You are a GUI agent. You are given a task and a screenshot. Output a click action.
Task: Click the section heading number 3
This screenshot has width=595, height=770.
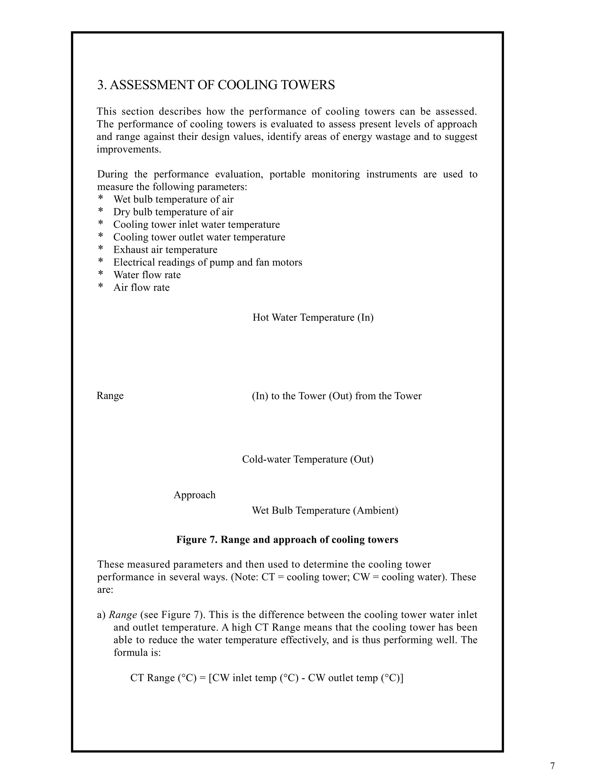(x=101, y=85)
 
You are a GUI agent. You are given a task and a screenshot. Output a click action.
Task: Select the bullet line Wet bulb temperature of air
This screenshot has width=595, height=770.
(x=173, y=200)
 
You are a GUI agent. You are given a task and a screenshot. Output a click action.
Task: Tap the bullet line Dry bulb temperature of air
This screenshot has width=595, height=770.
(x=173, y=212)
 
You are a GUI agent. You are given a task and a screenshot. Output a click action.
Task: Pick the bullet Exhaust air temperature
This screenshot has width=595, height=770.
(x=165, y=250)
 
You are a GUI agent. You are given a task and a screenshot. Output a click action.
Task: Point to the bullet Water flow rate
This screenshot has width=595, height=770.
(x=147, y=275)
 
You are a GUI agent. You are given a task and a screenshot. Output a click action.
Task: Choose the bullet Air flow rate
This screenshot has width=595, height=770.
(x=141, y=288)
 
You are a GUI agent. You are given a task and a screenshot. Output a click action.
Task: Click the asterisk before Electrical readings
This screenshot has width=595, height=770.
(x=101, y=262)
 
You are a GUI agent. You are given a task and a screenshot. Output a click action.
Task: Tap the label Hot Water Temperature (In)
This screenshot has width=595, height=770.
(x=313, y=318)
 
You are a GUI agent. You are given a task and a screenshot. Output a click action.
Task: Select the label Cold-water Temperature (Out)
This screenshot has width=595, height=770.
(x=308, y=459)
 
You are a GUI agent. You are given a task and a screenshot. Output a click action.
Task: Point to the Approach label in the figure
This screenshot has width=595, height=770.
(x=194, y=495)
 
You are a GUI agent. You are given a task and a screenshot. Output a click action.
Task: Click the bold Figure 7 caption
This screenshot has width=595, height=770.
(x=287, y=540)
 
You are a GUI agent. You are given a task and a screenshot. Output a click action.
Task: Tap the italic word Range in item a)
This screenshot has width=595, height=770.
(x=123, y=615)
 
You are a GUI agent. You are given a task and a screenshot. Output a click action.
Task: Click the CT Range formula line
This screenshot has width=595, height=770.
(x=267, y=678)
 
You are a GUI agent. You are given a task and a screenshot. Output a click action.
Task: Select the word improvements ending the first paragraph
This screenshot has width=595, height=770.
(x=129, y=149)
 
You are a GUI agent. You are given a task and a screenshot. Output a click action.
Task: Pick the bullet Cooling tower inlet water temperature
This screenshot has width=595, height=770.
(x=196, y=225)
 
